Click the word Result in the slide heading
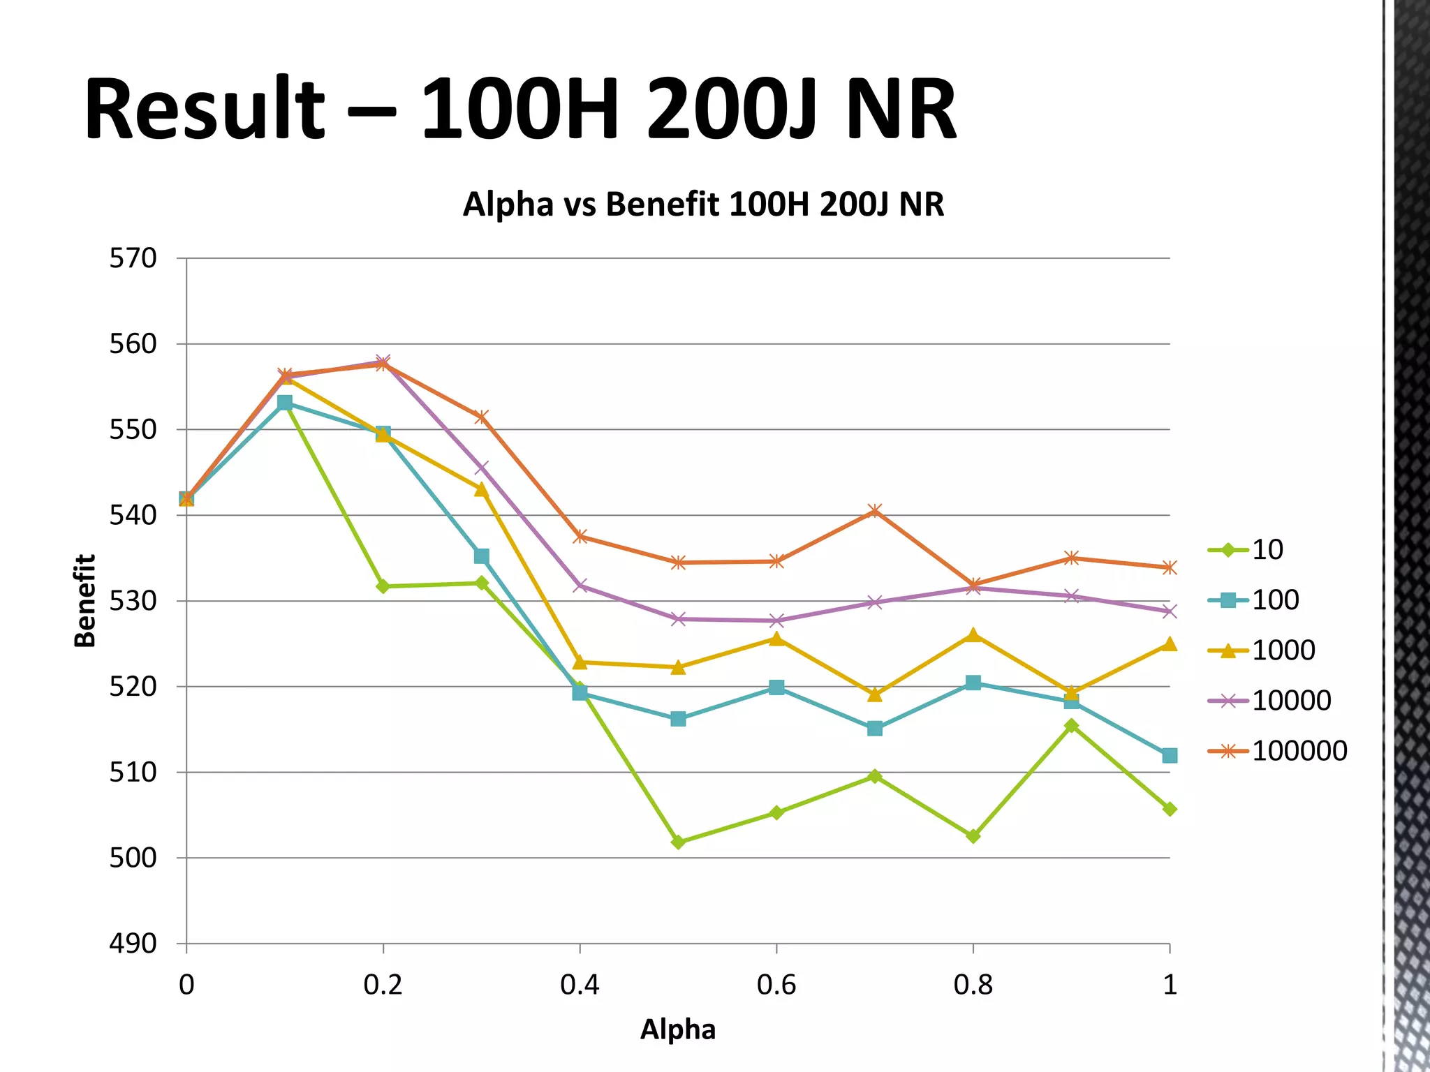click(x=205, y=110)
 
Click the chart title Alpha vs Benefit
click(x=703, y=204)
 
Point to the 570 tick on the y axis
click(x=133, y=258)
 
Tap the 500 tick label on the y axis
click(x=133, y=858)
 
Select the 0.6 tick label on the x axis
click(x=776, y=985)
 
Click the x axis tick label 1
click(x=1170, y=985)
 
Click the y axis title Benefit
click(x=84, y=601)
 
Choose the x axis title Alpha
click(x=677, y=1029)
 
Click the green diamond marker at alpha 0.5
click(x=678, y=842)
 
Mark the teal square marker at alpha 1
click(x=1170, y=755)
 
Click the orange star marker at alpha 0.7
click(x=874, y=511)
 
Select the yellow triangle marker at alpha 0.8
click(x=973, y=635)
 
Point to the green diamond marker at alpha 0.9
click(x=1071, y=726)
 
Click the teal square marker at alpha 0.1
click(x=285, y=403)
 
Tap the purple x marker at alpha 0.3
click(x=481, y=467)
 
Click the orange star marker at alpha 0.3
click(x=481, y=417)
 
